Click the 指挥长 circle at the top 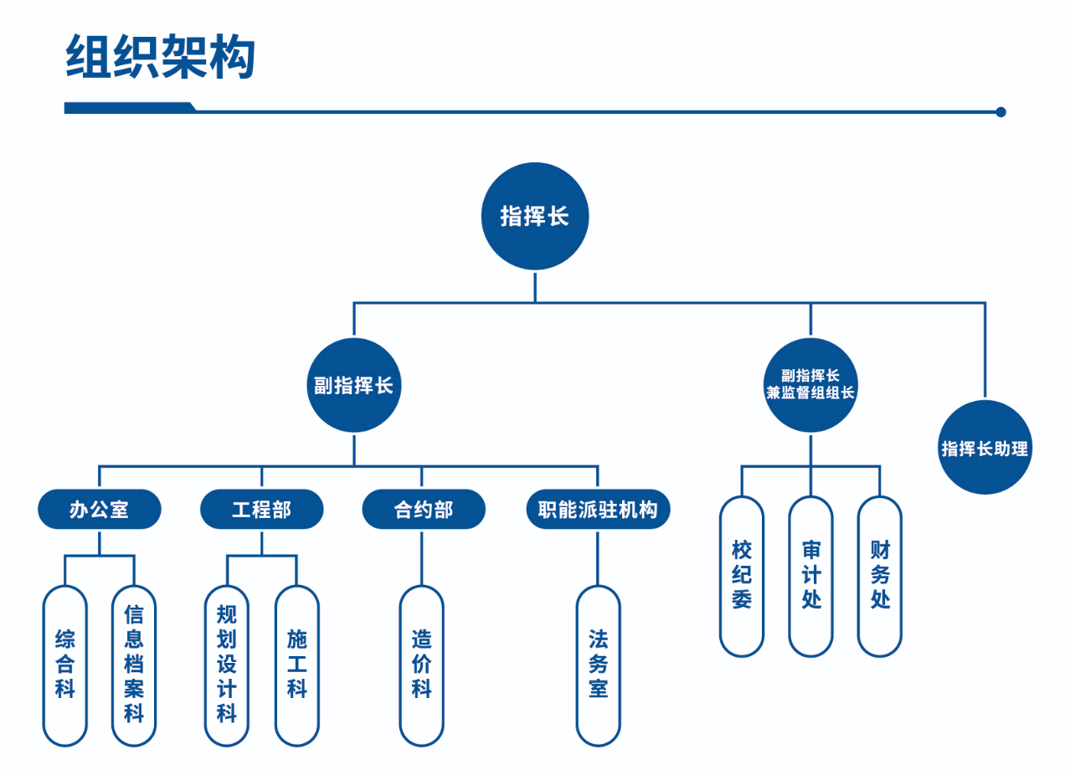(x=535, y=216)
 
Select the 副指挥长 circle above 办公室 (x=353, y=385)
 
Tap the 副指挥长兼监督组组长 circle (x=810, y=385)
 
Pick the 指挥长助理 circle (x=985, y=448)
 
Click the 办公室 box (x=99, y=509)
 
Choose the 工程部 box (x=261, y=509)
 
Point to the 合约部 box (x=423, y=509)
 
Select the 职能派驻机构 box (x=598, y=509)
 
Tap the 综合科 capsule (x=64, y=665)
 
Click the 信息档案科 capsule (x=134, y=665)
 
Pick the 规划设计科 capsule (x=227, y=665)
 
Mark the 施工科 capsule (x=296, y=665)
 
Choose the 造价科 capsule (x=421, y=665)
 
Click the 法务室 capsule (x=598, y=665)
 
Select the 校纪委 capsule (x=742, y=576)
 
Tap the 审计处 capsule (x=810, y=576)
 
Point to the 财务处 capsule (x=880, y=576)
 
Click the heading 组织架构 (x=160, y=57)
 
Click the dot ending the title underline (x=1001, y=111)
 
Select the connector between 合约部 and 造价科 (x=421, y=557)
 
